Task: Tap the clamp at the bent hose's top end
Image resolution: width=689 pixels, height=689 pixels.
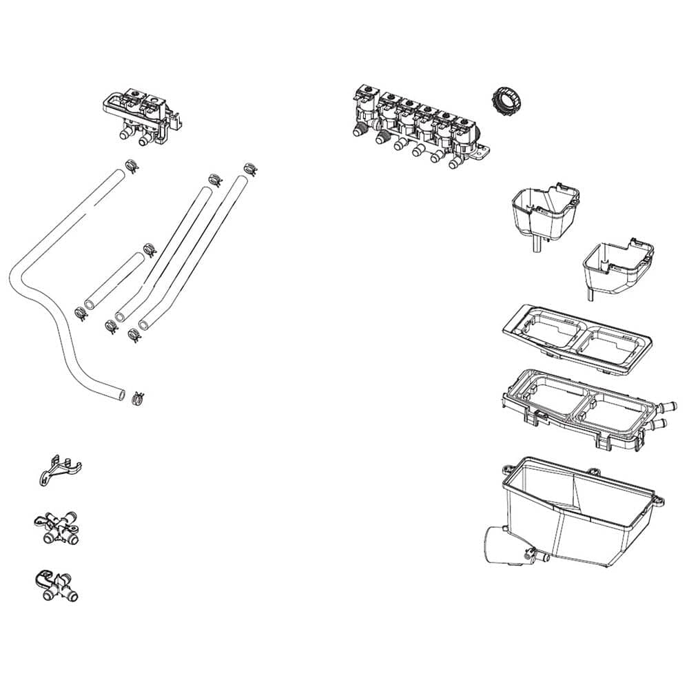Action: pyautogui.click(x=130, y=165)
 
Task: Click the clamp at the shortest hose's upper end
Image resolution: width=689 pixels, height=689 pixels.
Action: pyautogui.click(x=148, y=249)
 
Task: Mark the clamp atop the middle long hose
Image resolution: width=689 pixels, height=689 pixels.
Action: pyautogui.click(x=215, y=178)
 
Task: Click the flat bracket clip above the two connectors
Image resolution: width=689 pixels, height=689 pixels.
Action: pyautogui.click(x=58, y=471)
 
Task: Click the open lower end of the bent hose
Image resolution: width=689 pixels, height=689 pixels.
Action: pyautogui.click(x=121, y=394)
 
